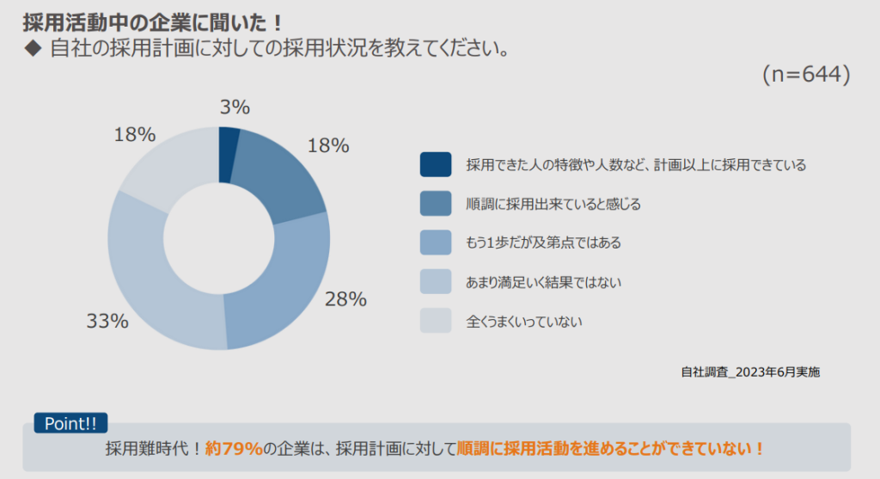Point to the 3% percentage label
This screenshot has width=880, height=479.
(x=235, y=107)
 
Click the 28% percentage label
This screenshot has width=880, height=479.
(x=345, y=299)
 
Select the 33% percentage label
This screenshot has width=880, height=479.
(x=107, y=322)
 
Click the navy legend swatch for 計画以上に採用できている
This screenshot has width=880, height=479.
(x=436, y=164)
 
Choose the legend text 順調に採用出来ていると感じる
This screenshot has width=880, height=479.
(x=553, y=204)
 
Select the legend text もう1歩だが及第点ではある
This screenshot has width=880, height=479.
(x=543, y=243)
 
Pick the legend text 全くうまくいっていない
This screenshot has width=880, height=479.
(x=524, y=322)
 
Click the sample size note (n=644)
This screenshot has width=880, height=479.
(x=805, y=76)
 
